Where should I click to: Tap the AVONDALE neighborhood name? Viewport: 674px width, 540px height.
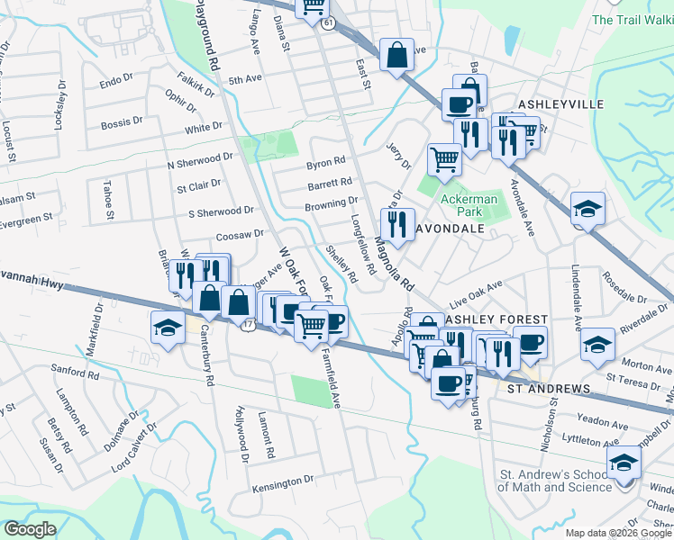click(454, 229)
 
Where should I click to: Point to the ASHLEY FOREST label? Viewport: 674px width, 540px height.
click(496, 319)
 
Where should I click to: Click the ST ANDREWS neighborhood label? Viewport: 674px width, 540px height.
click(549, 389)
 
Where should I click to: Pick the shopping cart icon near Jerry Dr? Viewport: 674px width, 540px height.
click(444, 160)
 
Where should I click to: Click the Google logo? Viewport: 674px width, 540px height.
click(30, 529)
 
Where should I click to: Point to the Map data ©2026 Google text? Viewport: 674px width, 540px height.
click(618, 533)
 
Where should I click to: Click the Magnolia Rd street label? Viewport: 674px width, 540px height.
click(394, 263)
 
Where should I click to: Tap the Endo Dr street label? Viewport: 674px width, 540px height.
click(116, 82)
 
